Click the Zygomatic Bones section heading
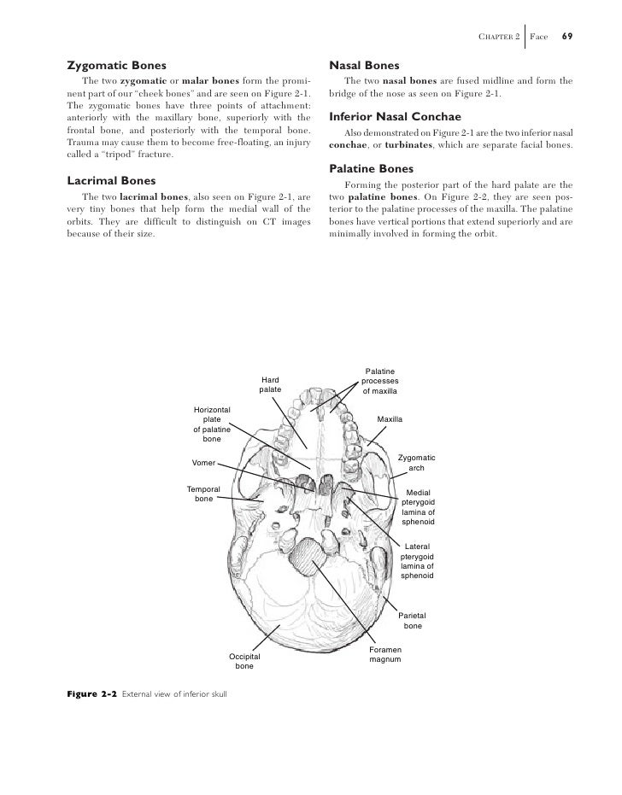point(116,65)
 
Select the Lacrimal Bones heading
point(111,180)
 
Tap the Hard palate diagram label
point(271,384)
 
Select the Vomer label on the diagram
point(203,462)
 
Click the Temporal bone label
point(203,494)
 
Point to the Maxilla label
point(390,419)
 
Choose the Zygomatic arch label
point(417,463)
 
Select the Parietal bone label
point(413,621)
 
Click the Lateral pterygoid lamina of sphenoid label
point(417,561)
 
